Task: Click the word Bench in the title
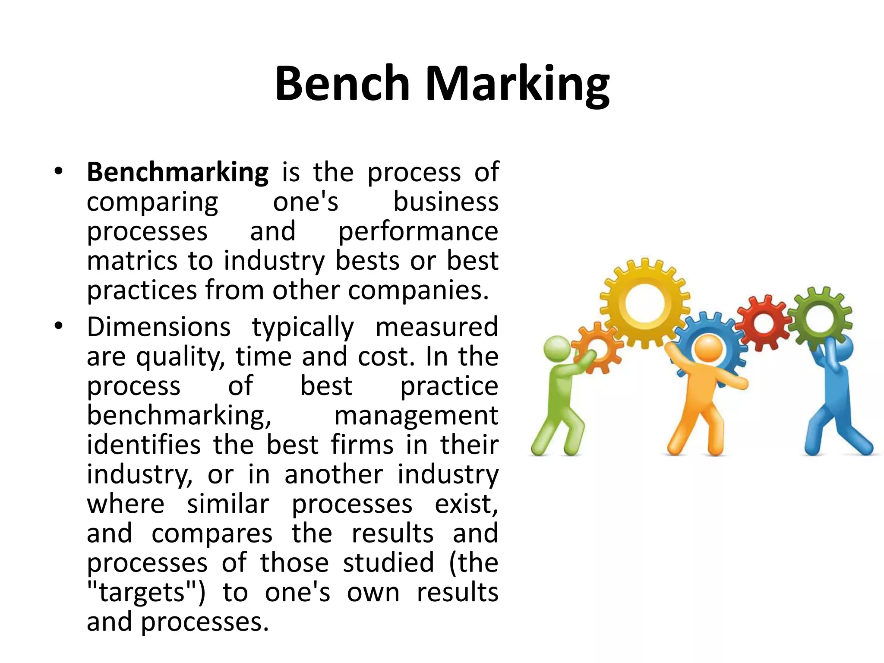(x=342, y=83)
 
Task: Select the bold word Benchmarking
(x=177, y=172)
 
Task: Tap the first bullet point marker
(x=59, y=171)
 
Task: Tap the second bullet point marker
(x=59, y=326)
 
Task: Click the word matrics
(x=132, y=261)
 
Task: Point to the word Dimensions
(x=158, y=327)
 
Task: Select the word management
(x=416, y=415)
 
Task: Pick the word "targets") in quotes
(x=146, y=592)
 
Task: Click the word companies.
(x=418, y=290)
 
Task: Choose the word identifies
(x=144, y=445)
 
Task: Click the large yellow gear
(x=644, y=302)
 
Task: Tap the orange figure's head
(x=708, y=348)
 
